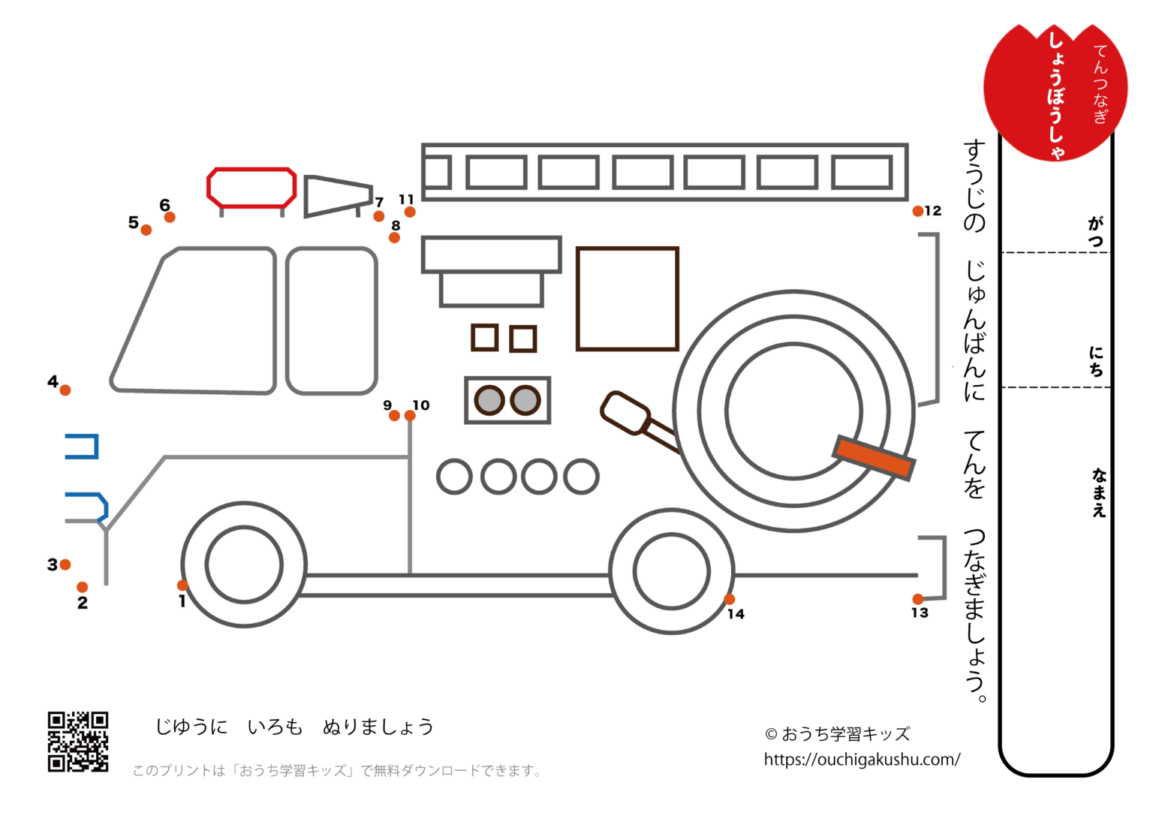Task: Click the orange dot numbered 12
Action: (917, 212)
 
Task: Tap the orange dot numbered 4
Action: (65, 390)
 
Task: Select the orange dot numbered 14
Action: (729, 599)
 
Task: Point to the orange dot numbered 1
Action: (182, 586)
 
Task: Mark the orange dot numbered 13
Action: (917, 599)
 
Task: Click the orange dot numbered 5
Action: (146, 230)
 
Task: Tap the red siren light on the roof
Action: (251, 188)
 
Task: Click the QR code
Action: (78, 742)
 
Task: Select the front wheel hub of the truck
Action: (244, 565)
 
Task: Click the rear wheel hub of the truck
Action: (671, 571)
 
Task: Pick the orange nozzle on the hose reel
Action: (874, 457)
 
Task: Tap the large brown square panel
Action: (628, 299)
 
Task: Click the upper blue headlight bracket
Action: (83, 447)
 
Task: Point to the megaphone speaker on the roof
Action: (337, 195)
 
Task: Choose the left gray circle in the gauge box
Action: (489, 400)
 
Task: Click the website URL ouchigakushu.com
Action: (862, 760)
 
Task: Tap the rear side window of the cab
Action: (331, 321)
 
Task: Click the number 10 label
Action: (421, 405)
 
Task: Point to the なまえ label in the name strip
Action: (1099, 492)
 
